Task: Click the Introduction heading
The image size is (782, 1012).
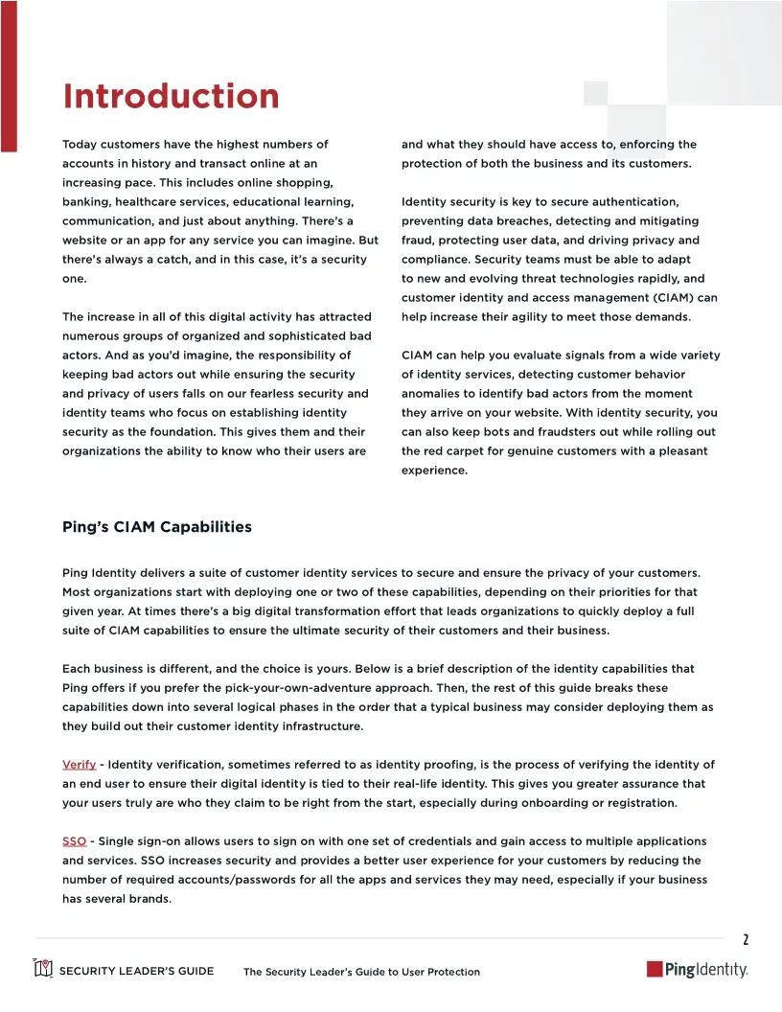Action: [171, 97]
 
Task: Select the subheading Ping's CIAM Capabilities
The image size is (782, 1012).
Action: [157, 527]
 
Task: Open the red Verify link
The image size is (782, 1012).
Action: [79, 764]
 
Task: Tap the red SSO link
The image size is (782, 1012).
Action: [74, 840]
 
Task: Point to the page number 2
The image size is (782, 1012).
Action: [746, 939]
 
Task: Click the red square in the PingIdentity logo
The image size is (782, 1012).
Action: [655, 970]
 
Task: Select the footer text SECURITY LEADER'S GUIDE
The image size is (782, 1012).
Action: [136, 971]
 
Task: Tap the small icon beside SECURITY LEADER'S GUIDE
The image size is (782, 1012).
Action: [43, 969]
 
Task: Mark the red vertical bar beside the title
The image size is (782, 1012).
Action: [9, 76]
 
